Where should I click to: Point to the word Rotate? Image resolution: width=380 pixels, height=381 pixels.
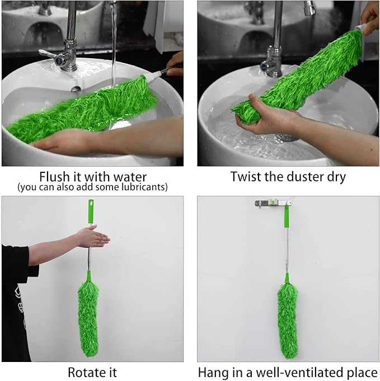pyautogui.click(x=85, y=371)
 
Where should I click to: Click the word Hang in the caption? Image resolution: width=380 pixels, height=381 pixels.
pyautogui.click(x=215, y=371)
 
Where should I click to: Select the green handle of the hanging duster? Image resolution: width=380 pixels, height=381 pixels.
pyautogui.click(x=286, y=215)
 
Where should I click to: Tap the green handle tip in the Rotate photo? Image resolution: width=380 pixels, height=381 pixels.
pyautogui.click(x=90, y=211)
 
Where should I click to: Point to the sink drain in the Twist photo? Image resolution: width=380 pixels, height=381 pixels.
pyautogui.click(x=287, y=137)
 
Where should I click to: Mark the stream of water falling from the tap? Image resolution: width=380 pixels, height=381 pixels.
pyautogui.click(x=113, y=45)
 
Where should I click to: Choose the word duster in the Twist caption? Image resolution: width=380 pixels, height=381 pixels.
pyautogui.click(x=301, y=177)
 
